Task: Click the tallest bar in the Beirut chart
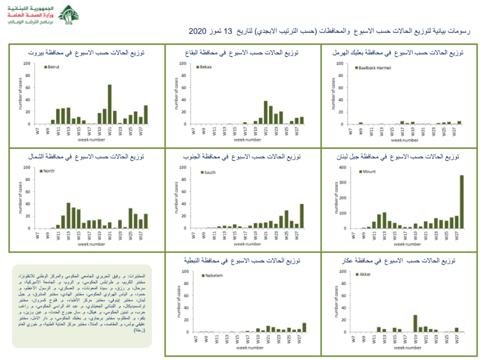point(109,104)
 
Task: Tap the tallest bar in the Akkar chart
point(415,323)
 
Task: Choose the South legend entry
point(208,172)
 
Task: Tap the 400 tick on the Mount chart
point(343,168)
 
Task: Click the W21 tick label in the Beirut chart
point(110,131)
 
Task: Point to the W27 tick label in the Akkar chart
point(456,339)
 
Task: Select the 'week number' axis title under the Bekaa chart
point(247,140)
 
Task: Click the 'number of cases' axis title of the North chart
point(20,198)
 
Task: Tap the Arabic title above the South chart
point(242,157)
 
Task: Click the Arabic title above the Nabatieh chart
point(242,261)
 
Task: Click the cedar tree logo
point(69,15)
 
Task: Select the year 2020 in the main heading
point(197,31)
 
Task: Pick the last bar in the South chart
point(301,216)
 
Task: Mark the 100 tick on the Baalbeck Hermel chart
point(339,64)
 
